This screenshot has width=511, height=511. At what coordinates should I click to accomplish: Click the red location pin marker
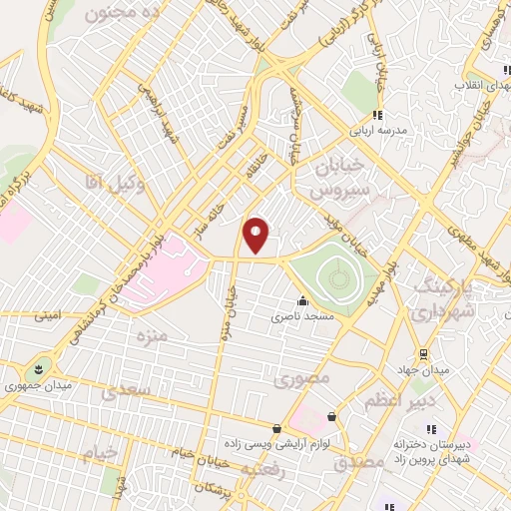pos(256,235)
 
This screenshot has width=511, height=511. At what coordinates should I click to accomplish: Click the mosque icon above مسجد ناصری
pos(302,300)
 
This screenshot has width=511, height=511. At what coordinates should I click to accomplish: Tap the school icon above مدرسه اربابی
pos(377,115)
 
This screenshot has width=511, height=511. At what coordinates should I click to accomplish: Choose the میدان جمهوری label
pos(39,382)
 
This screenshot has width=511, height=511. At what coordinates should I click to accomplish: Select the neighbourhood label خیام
pos(100,453)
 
